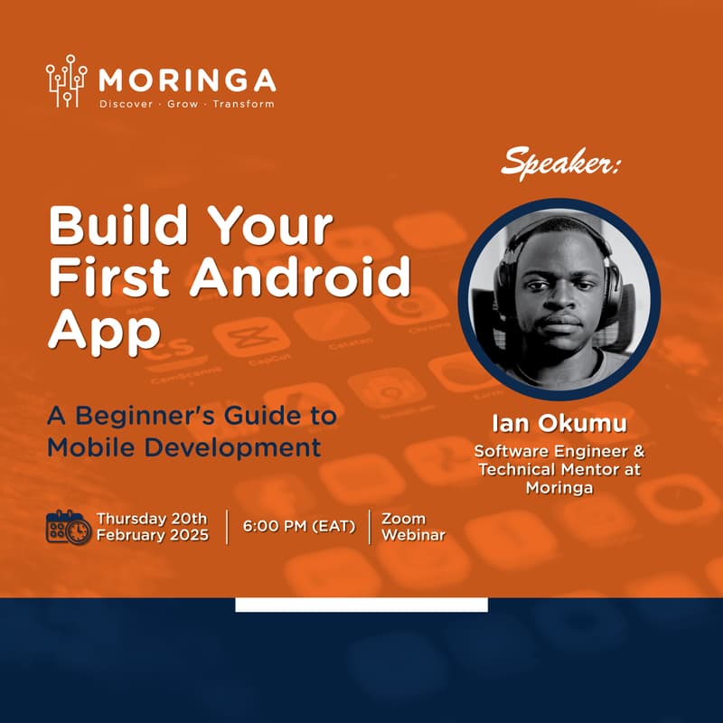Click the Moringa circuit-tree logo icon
[66, 80]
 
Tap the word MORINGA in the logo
[187, 80]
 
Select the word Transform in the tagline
[243, 104]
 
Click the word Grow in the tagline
[183, 104]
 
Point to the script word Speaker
[560, 163]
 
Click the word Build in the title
[118, 225]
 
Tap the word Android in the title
[300, 277]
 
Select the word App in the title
[104, 331]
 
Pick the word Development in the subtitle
[233, 448]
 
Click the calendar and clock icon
[69, 527]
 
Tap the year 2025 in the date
[189, 535]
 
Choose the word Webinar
[414, 535]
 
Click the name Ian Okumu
[559, 423]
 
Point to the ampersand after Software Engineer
[639, 450]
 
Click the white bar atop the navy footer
[361, 605]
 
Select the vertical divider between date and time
[227, 527]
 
